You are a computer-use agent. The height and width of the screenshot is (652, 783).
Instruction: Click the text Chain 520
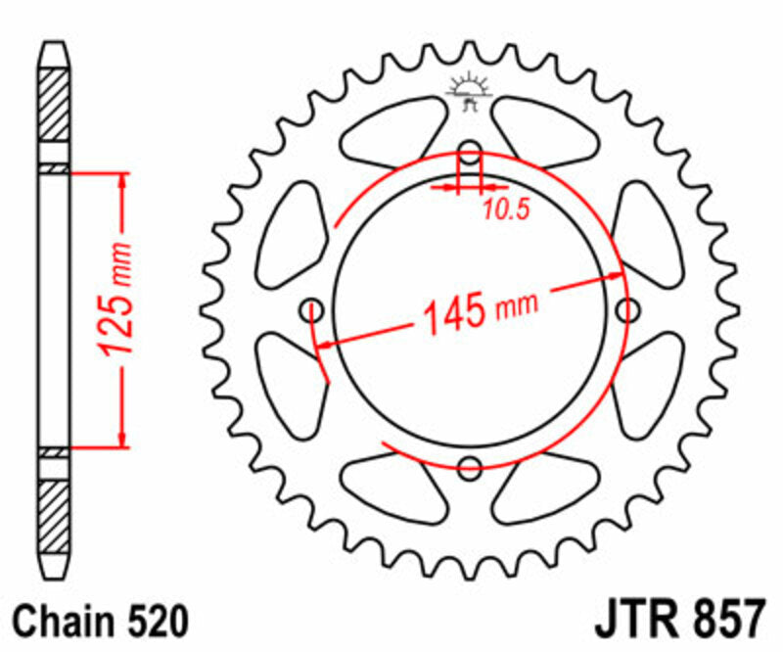coord(100,620)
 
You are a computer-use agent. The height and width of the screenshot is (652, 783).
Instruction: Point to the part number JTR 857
coord(676,620)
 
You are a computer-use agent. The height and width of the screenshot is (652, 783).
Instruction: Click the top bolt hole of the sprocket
coord(471,153)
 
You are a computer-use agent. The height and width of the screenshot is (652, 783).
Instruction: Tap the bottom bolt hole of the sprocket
coord(471,466)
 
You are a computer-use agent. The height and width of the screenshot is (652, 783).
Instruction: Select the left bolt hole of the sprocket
coord(314,310)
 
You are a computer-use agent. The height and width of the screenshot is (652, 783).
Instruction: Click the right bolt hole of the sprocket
coord(626,310)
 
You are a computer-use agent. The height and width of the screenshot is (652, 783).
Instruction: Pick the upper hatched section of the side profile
coord(54,103)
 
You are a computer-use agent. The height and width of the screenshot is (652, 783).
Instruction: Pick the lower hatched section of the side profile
coord(54,517)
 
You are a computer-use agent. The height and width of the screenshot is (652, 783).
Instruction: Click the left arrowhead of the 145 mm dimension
coord(326,344)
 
